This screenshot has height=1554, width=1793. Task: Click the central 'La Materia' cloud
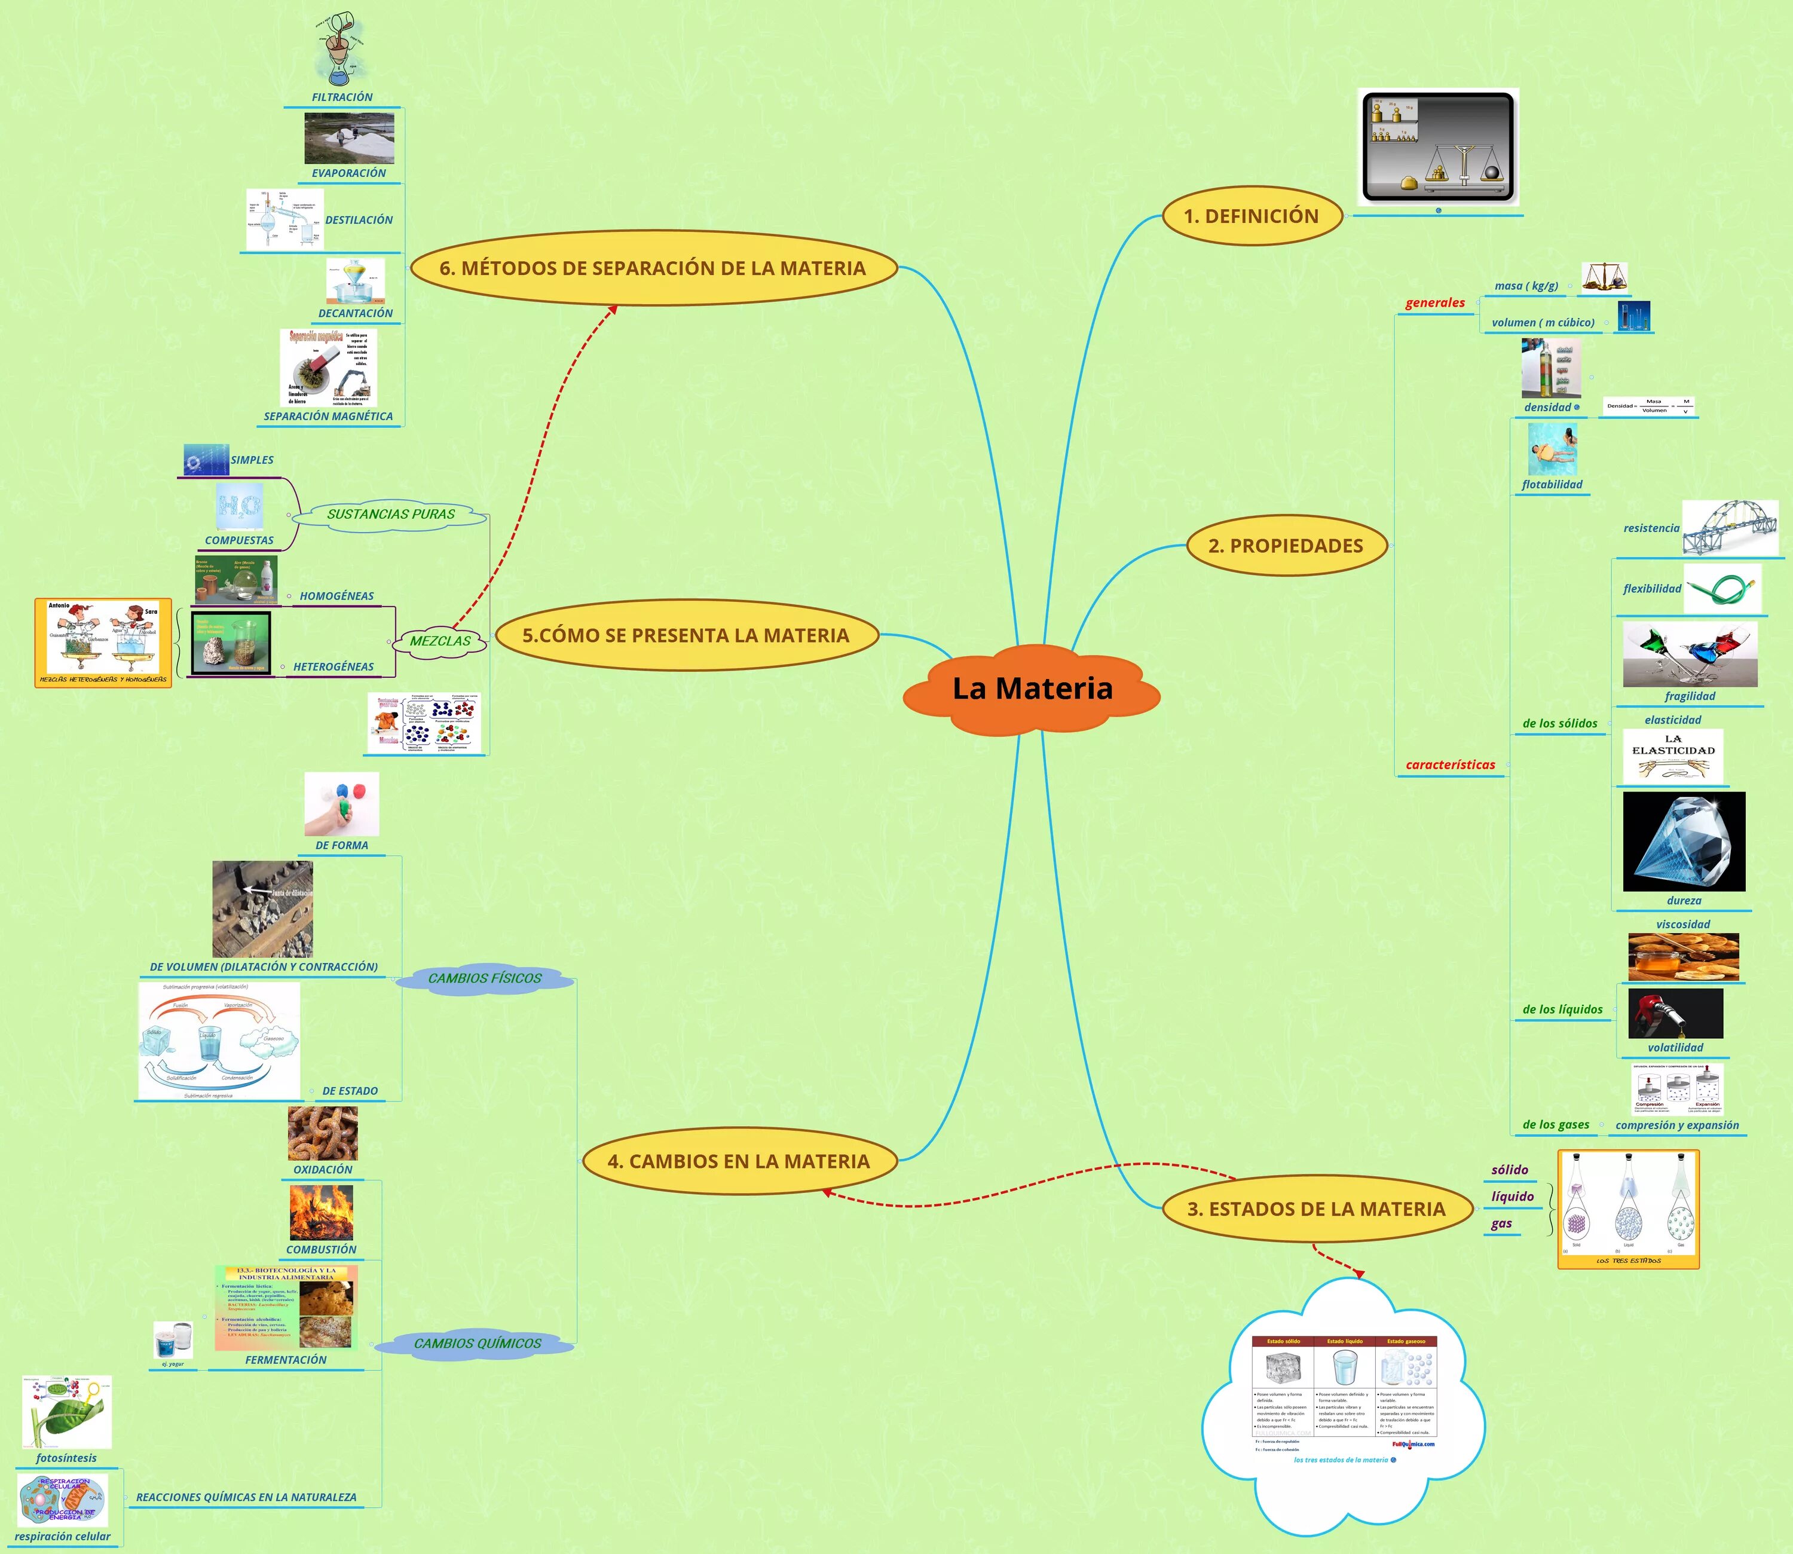click(1032, 689)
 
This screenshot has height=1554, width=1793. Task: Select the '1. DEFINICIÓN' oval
click(1251, 216)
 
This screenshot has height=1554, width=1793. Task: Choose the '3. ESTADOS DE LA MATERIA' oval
click(1316, 1209)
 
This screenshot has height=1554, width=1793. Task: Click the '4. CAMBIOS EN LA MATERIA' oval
click(739, 1161)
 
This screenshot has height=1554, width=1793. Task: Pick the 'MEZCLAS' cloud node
click(440, 641)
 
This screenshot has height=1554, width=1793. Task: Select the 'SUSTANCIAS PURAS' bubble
click(390, 514)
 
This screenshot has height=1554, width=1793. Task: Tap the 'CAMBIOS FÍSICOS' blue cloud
click(485, 978)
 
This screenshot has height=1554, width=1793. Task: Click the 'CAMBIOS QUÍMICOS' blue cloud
click(478, 1343)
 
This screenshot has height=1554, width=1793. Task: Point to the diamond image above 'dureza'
click(1684, 841)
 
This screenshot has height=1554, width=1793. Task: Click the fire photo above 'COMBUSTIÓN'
click(322, 1212)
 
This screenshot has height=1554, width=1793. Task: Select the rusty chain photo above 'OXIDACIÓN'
click(323, 1133)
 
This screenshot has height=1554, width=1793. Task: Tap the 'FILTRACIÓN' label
click(342, 97)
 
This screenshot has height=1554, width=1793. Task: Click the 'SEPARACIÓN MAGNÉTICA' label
click(329, 416)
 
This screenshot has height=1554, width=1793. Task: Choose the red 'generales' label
click(1435, 302)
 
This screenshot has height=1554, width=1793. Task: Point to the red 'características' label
click(1451, 765)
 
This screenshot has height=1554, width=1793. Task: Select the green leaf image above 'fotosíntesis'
click(67, 1412)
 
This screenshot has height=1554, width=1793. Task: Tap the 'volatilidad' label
click(1675, 1048)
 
